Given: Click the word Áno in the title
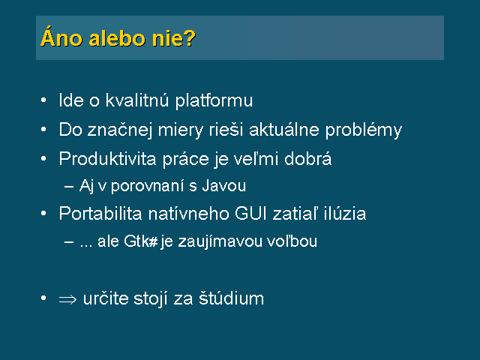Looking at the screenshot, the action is tap(61, 37).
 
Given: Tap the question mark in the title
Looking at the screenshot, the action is tap(190, 37).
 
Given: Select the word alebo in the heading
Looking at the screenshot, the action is tap(117, 38).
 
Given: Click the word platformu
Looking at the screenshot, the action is tap(214, 100).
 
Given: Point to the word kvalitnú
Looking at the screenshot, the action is tap(137, 100).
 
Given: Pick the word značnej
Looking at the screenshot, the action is tap(120, 130).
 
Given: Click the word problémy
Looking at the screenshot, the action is tap(363, 130).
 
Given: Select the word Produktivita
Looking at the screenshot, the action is tap(108, 158).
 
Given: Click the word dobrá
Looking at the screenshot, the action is tap(307, 158).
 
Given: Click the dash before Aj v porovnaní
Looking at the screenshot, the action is tap(69, 187).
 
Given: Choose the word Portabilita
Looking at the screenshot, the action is tap(100, 213).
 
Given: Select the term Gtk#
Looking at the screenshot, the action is tap(141, 241).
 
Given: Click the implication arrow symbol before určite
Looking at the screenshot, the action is tap(67, 299).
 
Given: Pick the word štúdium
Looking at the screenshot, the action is tap(231, 298).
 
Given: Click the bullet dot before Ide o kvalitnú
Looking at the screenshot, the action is tap(43, 100).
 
